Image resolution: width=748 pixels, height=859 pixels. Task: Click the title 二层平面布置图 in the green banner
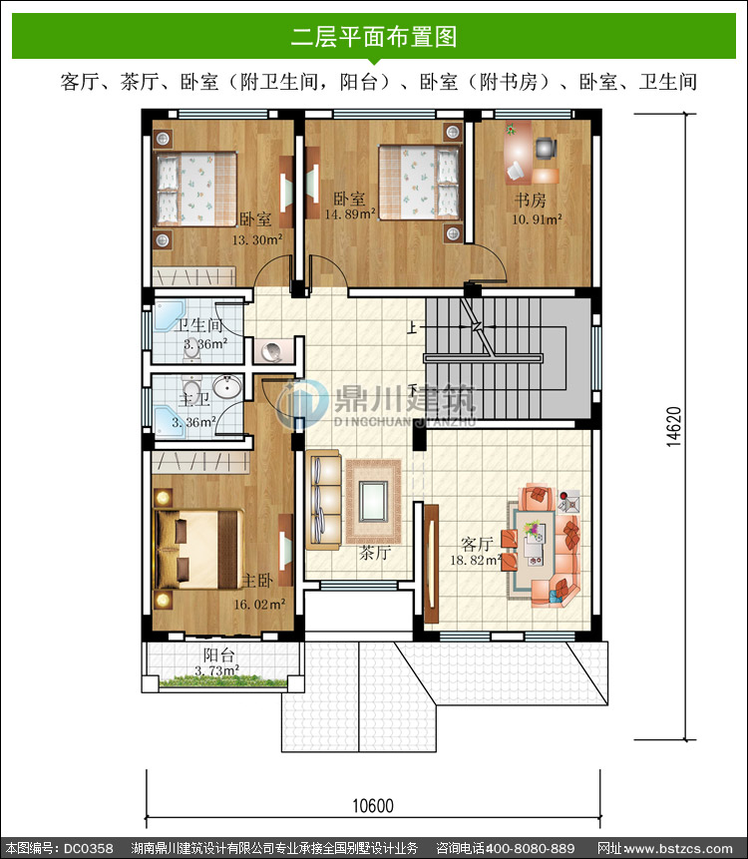pyautogui.click(x=373, y=37)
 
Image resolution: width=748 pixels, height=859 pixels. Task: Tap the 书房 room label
pyautogui.click(x=530, y=200)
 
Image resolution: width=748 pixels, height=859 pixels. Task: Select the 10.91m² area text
pyautogui.click(x=537, y=219)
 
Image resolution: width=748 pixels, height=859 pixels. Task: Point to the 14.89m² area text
pyautogui.click(x=350, y=215)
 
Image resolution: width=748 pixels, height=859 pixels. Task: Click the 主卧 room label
pyautogui.click(x=257, y=581)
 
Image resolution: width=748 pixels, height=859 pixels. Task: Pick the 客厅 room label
pyautogui.click(x=477, y=544)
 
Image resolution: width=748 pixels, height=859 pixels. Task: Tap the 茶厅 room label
pyautogui.click(x=375, y=553)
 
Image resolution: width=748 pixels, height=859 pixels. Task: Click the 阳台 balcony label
pyautogui.click(x=218, y=654)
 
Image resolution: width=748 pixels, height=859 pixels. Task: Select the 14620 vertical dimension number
pyautogui.click(x=674, y=427)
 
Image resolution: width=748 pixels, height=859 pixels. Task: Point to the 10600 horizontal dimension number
pyautogui.click(x=372, y=806)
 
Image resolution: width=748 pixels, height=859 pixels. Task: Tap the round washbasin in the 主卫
pyautogui.click(x=226, y=387)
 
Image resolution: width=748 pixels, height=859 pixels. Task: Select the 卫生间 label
pyautogui.click(x=197, y=325)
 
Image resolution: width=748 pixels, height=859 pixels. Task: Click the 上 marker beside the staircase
pyautogui.click(x=412, y=327)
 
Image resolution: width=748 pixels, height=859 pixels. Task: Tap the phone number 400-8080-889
pyautogui.click(x=530, y=849)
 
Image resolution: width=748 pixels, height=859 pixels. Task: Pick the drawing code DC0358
pyautogui.click(x=88, y=849)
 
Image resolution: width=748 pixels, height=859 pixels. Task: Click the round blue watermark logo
pyautogui.click(x=302, y=404)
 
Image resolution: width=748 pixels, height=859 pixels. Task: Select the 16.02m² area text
pyautogui.click(x=259, y=605)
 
